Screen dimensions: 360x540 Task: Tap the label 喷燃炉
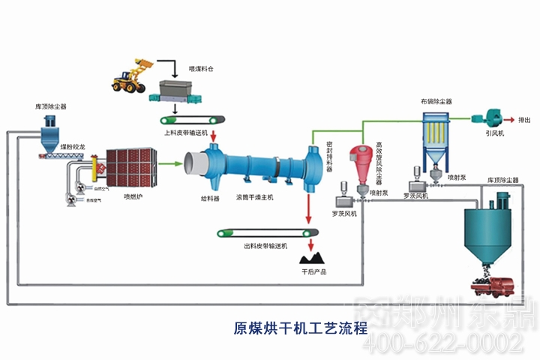pos(133,197)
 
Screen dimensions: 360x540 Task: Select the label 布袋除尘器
pos(436,101)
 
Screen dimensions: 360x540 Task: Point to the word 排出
pos(525,119)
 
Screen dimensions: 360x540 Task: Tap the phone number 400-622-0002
pos(442,343)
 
